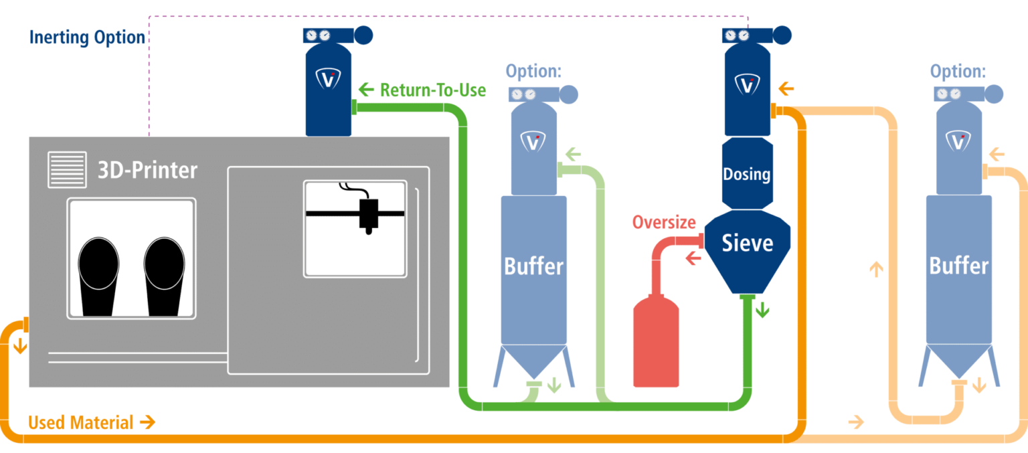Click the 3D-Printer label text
coord(147,170)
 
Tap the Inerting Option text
coord(87,37)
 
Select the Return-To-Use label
coord(432,90)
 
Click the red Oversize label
coord(664,222)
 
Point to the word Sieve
coord(747,243)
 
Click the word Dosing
coord(746,175)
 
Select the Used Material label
coord(81,422)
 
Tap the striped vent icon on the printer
coord(67,170)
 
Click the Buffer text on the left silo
coord(533,266)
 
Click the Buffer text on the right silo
coord(958,266)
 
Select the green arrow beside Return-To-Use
coord(365,89)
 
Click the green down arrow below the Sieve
coord(762,310)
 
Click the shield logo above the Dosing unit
coord(748,84)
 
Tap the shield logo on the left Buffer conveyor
coord(533,141)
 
